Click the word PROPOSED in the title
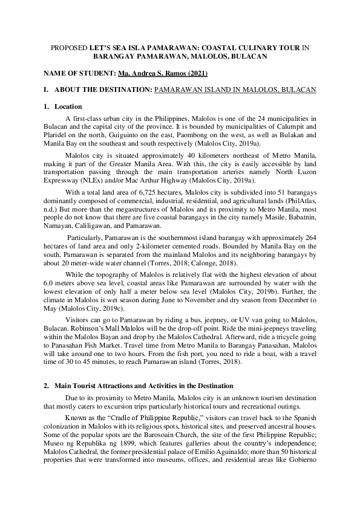click(67, 47)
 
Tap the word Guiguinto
click(107, 138)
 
